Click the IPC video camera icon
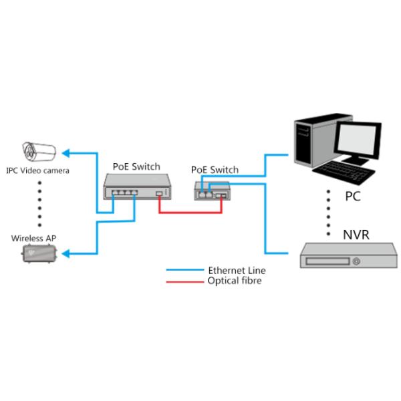coord(39,151)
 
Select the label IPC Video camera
coord(37,170)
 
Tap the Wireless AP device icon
coord(38,255)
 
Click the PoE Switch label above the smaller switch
coord(215,170)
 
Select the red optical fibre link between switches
coord(190,213)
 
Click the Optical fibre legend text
coord(235,281)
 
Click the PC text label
coord(354,198)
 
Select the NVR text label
coord(356,235)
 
